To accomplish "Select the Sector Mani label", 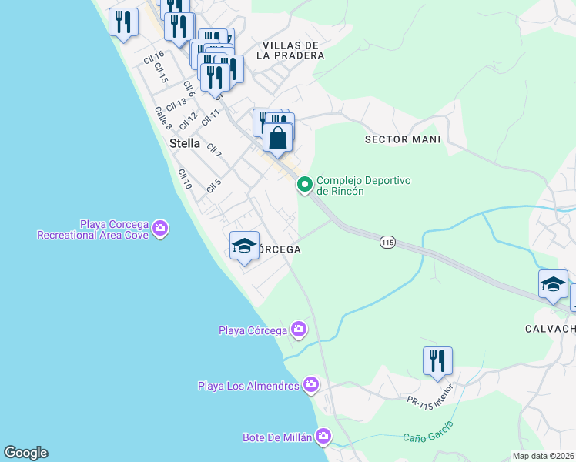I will (x=403, y=139).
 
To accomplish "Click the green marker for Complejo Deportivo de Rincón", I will (x=304, y=184).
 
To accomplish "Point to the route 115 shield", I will (x=387, y=243).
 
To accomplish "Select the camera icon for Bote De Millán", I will (x=323, y=437).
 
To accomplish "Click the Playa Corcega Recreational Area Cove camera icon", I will (x=160, y=227).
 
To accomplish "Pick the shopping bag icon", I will (x=278, y=139).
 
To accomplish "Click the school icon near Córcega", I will (x=244, y=246).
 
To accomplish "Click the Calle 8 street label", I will (x=162, y=117).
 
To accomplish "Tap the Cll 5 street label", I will (x=214, y=186).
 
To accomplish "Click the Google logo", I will (x=25, y=453).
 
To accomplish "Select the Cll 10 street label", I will (x=184, y=179).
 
